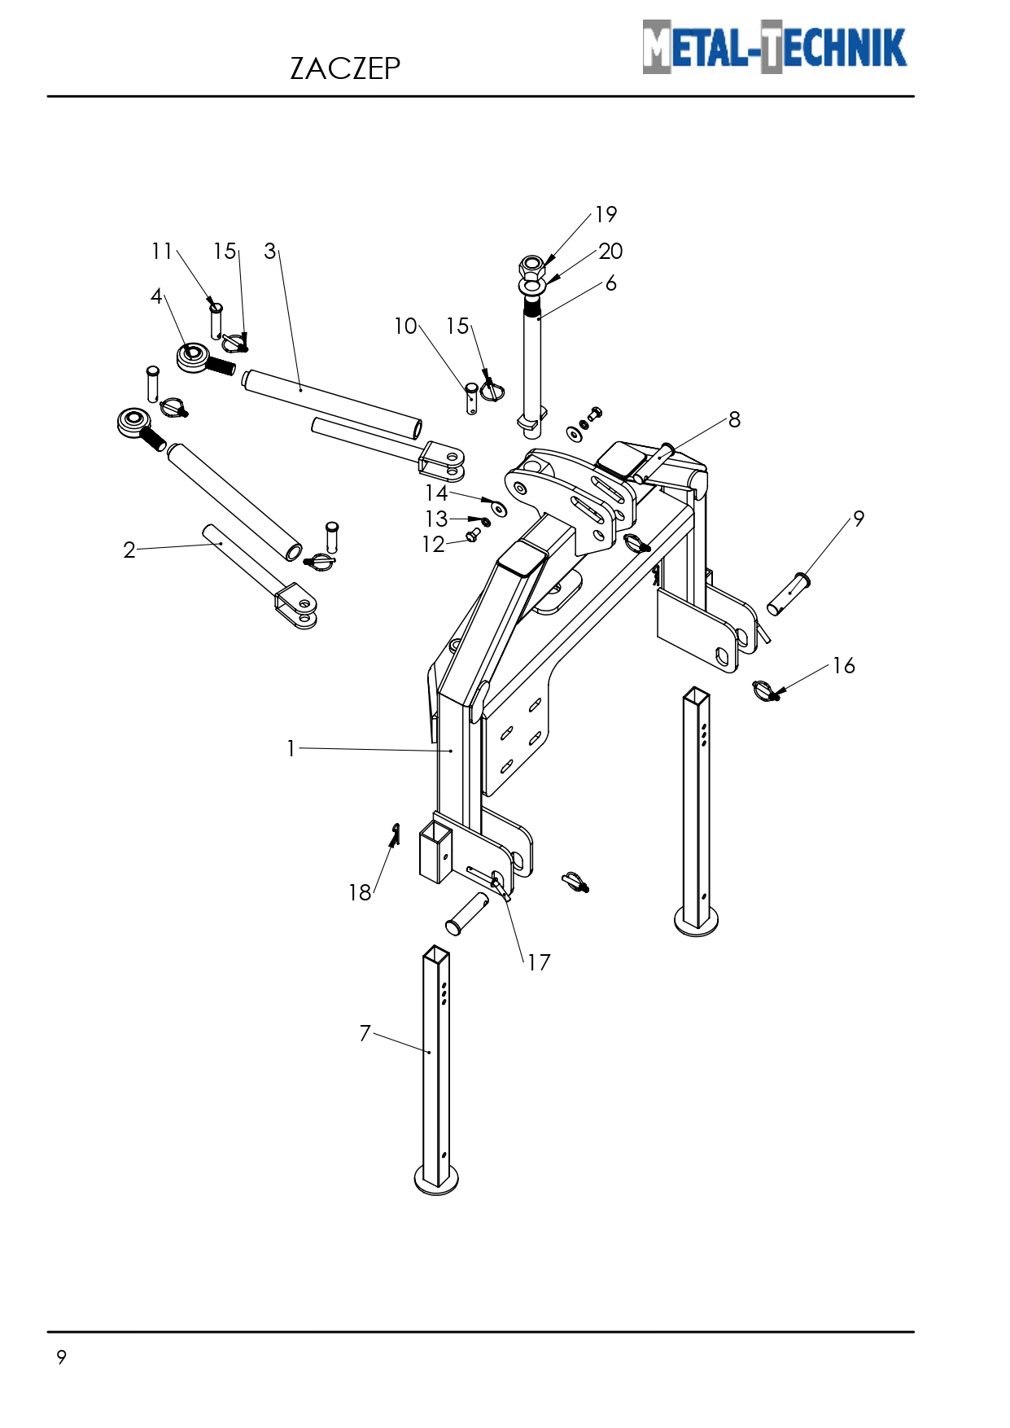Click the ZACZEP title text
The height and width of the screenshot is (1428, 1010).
[x=345, y=68]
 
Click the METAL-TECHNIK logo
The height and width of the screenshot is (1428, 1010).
[x=774, y=46]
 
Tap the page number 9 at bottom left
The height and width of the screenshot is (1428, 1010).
[x=61, y=1357]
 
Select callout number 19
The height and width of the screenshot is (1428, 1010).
[x=606, y=214]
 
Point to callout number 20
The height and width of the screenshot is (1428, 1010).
[x=610, y=251]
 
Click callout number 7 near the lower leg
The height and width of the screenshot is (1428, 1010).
[x=365, y=1032]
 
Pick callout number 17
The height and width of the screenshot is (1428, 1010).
[x=539, y=962]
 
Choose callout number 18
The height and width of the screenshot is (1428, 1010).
[x=360, y=892]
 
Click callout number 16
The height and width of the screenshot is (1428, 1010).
[x=844, y=665]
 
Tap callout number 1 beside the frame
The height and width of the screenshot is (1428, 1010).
[x=291, y=748]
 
